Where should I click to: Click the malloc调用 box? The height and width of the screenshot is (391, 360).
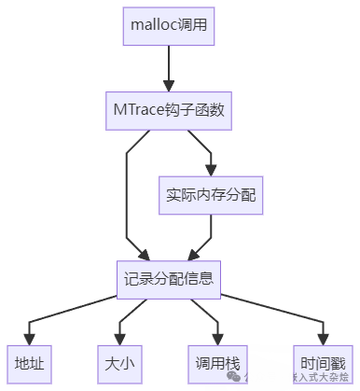tap(169, 27)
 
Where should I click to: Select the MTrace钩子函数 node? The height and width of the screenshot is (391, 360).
tap(169, 110)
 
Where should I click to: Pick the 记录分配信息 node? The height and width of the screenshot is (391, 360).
tap(169, 278)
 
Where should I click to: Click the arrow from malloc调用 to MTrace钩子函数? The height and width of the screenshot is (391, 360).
tap(169, 68)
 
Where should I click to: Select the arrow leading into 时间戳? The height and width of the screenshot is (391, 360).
tap(280, 313)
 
